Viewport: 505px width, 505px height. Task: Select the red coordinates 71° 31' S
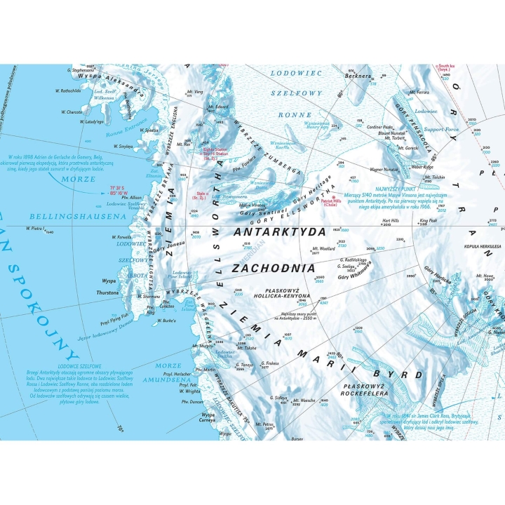coord(121,187)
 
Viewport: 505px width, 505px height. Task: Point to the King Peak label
coord(429,220)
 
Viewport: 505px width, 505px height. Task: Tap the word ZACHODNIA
coord(274,267)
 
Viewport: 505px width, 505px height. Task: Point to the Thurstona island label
coord(107,292)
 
